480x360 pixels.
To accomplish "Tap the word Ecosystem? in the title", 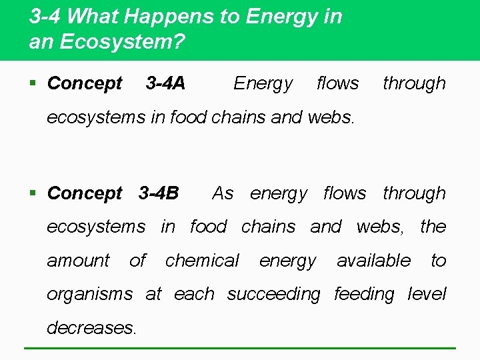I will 122,41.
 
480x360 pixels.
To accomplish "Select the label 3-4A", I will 165,83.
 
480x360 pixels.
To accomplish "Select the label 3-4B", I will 159,193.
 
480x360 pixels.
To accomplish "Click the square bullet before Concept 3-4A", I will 33,84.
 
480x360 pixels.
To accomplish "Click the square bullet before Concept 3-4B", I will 33,194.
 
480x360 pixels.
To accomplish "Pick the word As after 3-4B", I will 223,193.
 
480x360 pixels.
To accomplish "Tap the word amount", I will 78,261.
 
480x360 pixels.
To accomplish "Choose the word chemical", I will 202,261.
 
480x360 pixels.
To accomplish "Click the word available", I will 373,261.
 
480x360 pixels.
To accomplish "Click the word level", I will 427,294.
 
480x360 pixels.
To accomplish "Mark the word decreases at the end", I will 91,328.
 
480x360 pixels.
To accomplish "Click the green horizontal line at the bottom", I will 240,348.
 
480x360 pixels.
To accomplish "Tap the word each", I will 194,294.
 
